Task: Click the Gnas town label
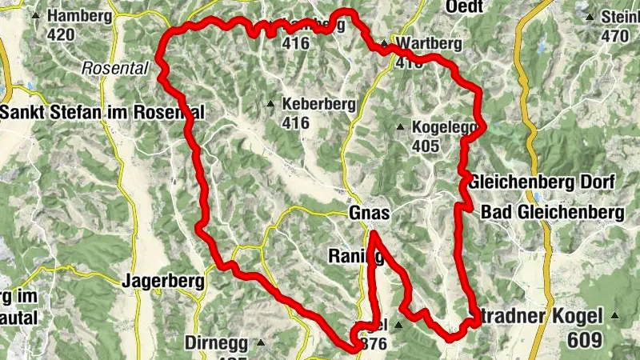[369, 214]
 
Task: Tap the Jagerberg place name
[158, 281]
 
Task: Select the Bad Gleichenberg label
[552, 213]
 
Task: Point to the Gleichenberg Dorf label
[542, 182]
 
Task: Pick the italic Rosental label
[115, 69]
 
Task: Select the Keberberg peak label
[307, 105]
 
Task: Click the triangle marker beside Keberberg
[271, 104]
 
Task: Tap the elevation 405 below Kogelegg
[426, 146]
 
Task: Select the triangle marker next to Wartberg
[385, 44]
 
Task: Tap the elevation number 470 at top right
[615, 35]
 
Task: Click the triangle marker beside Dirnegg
[260, 342]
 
